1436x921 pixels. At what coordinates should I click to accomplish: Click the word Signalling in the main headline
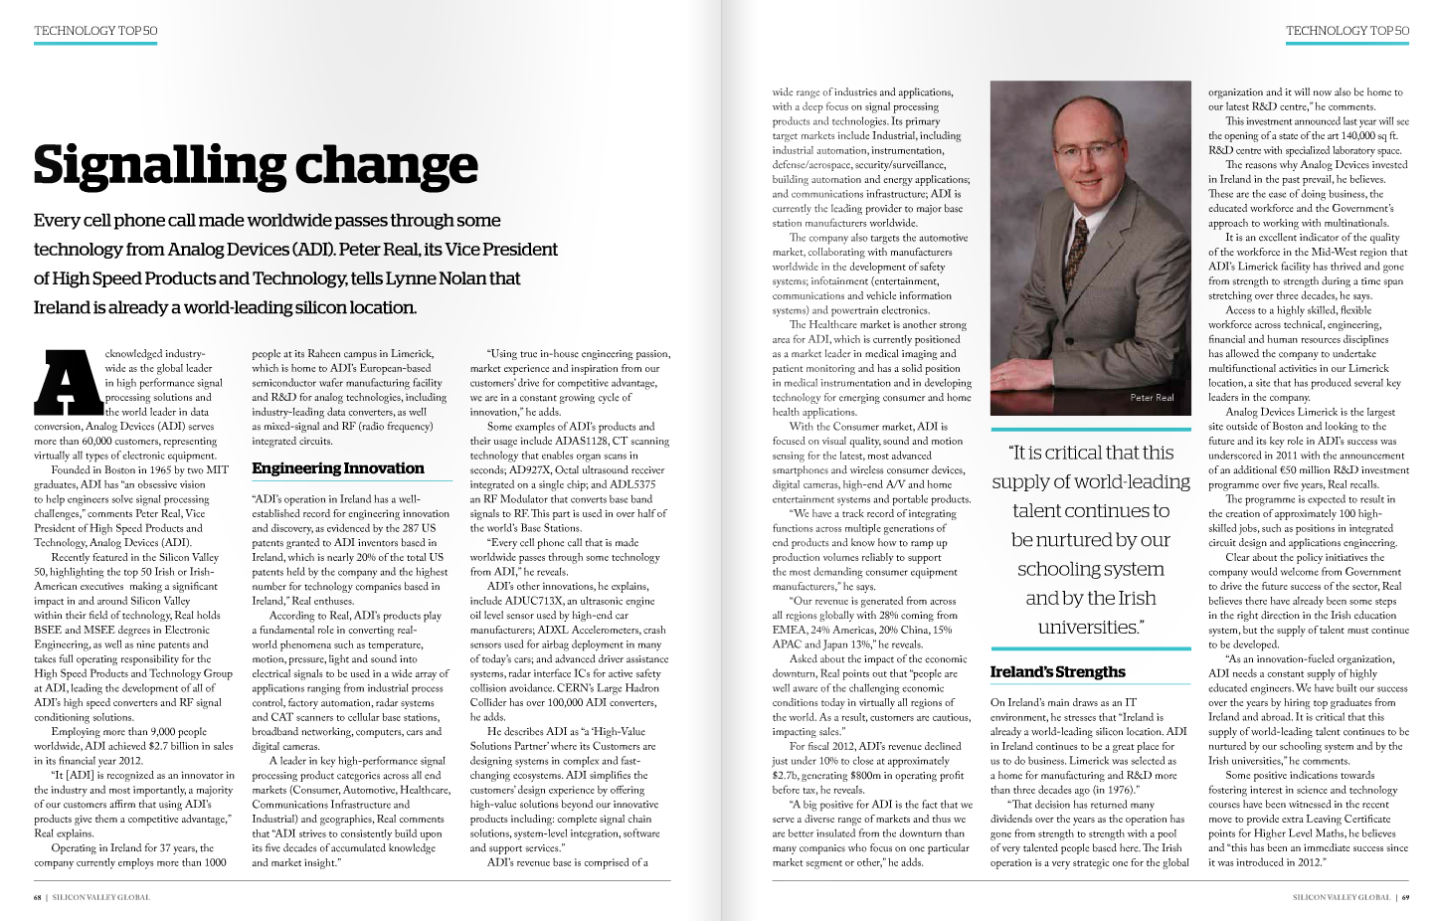point(159,166)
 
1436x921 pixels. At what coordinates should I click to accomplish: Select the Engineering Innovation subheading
point(337,468)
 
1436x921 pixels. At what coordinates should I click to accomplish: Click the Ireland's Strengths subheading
point(1057,672)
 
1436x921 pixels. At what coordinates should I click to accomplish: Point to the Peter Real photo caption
point(1152,398)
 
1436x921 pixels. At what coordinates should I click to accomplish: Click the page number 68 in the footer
point(37,897)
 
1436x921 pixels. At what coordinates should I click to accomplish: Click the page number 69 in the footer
point(1405,897)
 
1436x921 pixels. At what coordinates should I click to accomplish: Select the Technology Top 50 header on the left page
point(95,31)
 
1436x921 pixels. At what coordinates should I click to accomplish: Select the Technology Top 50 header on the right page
point(1346,31)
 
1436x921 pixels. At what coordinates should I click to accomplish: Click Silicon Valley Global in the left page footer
point(101,897)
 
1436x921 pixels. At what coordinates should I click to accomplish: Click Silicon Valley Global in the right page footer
point(1341,897)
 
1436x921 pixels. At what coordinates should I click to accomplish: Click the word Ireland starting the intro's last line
point(62,307)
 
